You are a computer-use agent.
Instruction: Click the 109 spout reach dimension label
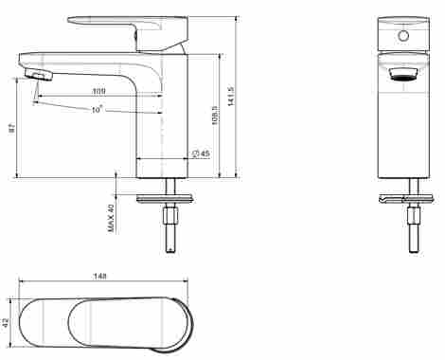point(98,91)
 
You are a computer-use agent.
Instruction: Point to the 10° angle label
point(98,110)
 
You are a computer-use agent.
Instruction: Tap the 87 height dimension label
point(11,128)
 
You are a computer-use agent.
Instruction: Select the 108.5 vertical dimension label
point(215,116)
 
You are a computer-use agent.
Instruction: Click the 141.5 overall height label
point(231,96)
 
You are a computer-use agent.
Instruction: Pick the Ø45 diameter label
point(201,153)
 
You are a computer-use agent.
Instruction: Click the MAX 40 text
point(111,218)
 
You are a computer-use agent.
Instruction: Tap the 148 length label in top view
point(99,276)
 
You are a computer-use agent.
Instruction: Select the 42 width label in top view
point(6,323)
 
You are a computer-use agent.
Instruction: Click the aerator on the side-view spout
point(38,75)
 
